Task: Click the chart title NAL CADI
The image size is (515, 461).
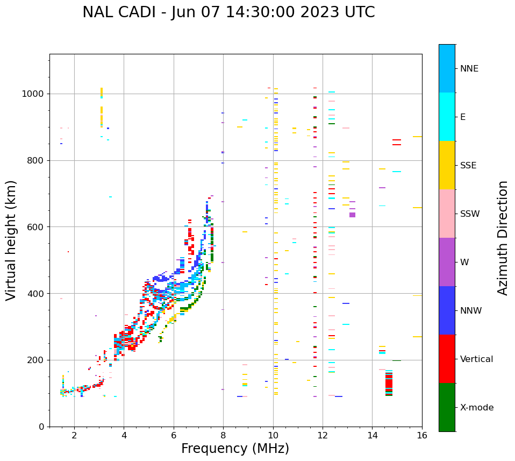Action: pos(228,12)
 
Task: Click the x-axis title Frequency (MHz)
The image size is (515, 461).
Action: pos(235,449)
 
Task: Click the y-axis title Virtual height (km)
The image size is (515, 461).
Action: pos(11,240)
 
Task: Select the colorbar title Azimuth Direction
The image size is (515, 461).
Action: pos(503,238)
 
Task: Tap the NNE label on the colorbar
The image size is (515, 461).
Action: pos(469,69)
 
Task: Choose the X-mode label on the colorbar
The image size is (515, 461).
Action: pos(476,408)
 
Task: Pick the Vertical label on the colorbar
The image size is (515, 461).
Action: pos(476,359)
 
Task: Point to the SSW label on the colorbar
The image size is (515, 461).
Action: pos(470,214)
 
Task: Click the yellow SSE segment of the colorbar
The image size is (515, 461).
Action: pos(447,165)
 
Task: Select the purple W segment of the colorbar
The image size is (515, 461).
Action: pos(447,262)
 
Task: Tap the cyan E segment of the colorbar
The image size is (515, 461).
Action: pos(447,117)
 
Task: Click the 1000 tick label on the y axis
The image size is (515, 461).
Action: pos(33,94)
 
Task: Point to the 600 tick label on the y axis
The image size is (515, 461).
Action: pos(36,227)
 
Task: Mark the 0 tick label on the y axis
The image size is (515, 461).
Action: pos(41,427)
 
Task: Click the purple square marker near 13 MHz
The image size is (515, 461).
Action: pos(352,215)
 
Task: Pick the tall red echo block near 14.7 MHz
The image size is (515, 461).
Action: pos(389,384)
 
